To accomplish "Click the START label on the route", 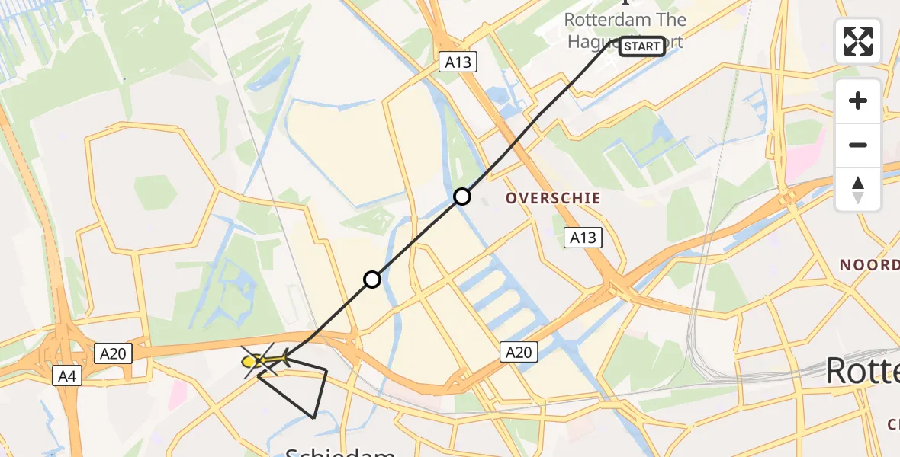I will point(641,46).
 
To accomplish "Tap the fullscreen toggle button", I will point(858,40).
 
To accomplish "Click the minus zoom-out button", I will point(858,145).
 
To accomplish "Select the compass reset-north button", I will point(858,189).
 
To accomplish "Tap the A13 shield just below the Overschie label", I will point(583,238).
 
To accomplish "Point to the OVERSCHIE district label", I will point(554,198).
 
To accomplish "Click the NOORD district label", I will point(869,265).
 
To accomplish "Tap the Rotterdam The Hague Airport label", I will point(625,30).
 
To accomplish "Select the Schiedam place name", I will point(340,451).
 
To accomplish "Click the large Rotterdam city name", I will point(862,372).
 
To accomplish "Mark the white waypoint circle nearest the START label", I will point(462,197).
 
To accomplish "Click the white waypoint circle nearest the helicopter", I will point(371,280).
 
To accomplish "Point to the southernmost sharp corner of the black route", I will point(313,417).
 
